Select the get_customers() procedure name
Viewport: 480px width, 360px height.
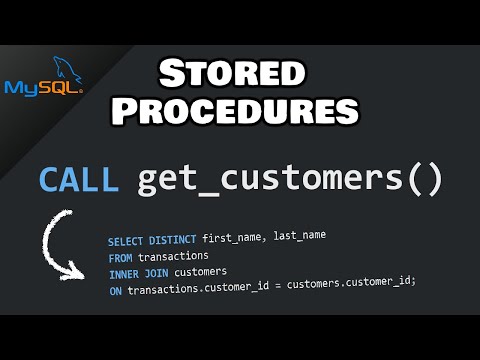point(289,179)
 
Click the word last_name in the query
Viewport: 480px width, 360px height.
point(298,235)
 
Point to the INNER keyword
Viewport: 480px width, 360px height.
point(123,274)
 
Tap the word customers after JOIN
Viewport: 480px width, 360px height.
point(201,271)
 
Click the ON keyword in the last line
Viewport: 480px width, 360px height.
point(115,291)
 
